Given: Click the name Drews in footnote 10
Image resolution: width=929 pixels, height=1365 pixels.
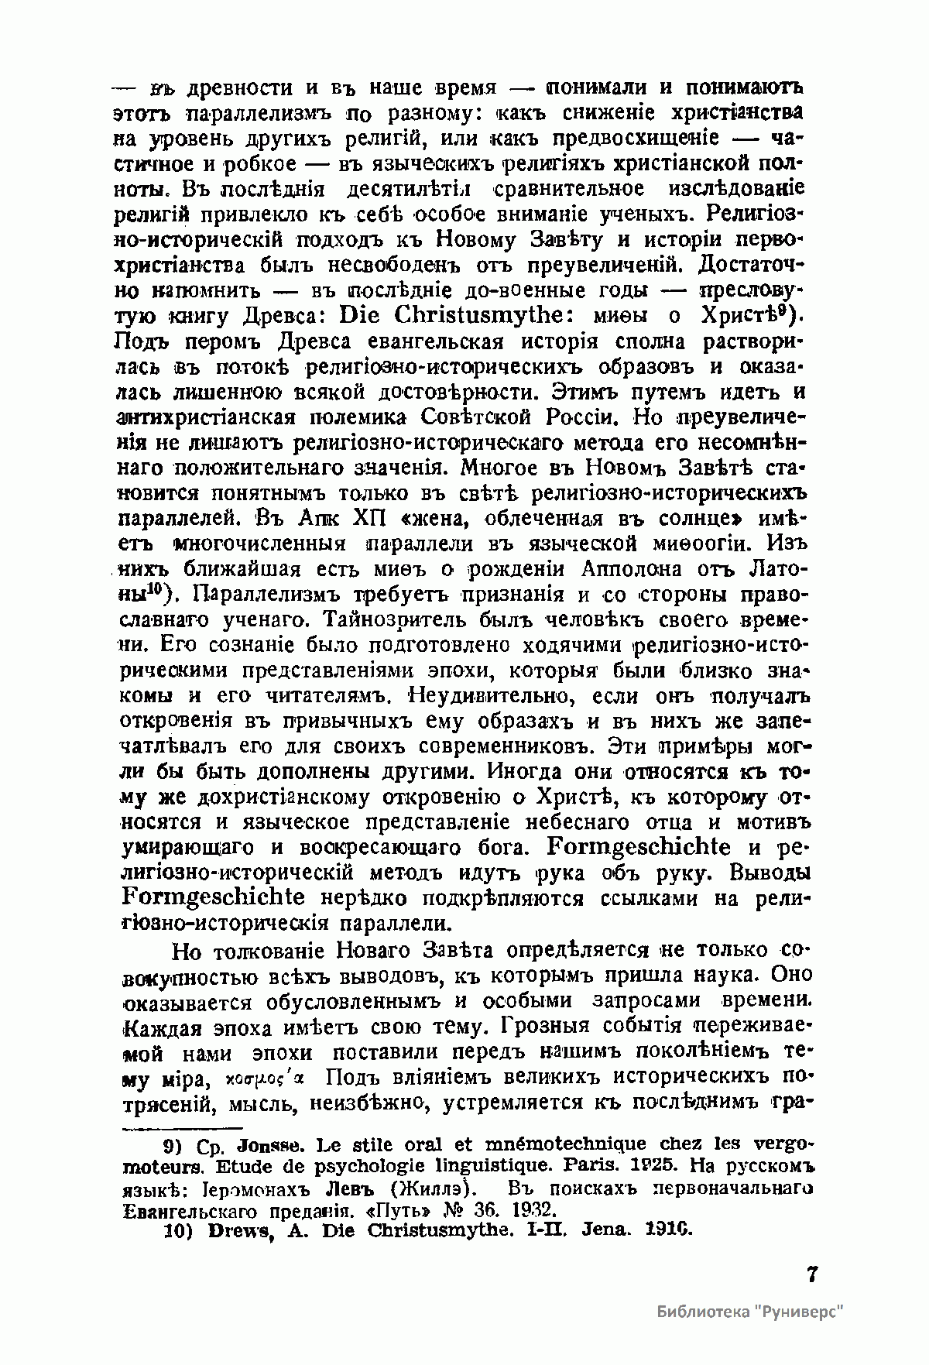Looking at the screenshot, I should (x=236, y=1230).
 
